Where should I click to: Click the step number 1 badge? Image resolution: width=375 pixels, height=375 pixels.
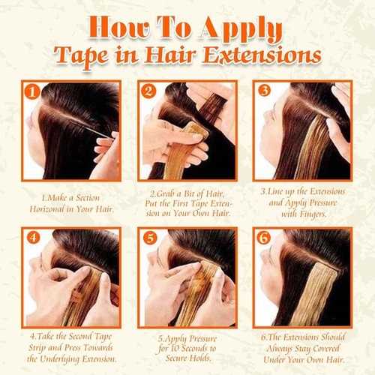click(x=31, y=92)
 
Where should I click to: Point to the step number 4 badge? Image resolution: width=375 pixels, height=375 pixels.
click(x=31, y=238)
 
